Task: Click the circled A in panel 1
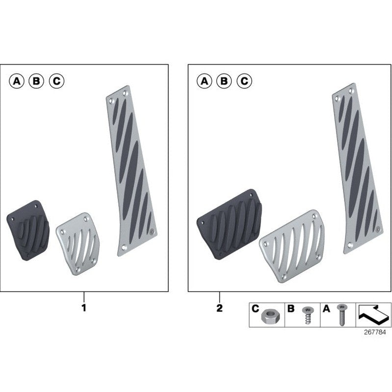coord(17,81)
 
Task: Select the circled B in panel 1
coord(37,81)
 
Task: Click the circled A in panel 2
coord(204,81)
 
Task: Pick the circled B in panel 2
coord(224,81)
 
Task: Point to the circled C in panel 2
coord(244,81)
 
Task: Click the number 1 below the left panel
coord(83,309)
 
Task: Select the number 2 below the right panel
coord(219,309)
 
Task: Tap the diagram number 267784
coord(374,332)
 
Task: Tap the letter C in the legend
coord(255,309)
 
